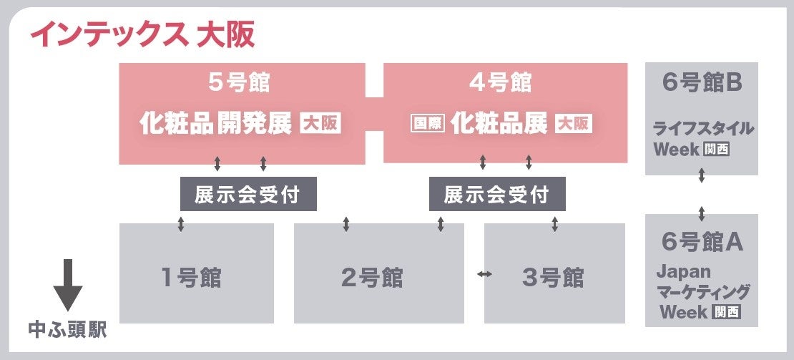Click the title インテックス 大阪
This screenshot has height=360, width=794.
click(141, 34)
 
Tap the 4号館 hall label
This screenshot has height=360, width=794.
click(506, 83)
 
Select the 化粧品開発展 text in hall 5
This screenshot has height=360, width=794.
click(216, 123)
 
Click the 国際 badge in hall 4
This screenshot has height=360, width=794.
click(428, 123)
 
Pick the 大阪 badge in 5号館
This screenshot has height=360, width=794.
click(320, 123)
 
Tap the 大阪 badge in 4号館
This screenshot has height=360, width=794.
click(574, 123)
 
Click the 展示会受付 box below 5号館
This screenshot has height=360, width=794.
click(247, 194)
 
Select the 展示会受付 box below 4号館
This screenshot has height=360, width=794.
click(497, 194)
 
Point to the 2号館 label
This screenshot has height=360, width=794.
click(371, 277)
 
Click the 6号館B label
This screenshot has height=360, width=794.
click(701, 83)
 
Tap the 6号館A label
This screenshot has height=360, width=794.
click(702, 242)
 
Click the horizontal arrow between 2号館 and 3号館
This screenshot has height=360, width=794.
click(484, 274)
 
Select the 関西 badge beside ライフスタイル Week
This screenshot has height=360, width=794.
click(716, 150)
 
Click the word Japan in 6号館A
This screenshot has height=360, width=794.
click(683, 272)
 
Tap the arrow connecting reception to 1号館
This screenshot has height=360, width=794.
click(180, 224)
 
